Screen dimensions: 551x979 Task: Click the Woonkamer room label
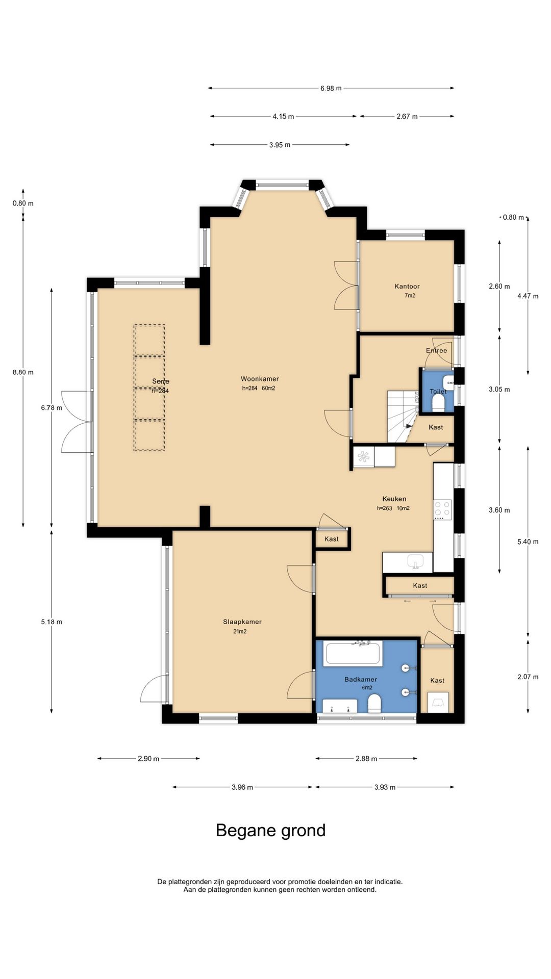[260, 379]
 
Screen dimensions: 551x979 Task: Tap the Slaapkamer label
[242, 622]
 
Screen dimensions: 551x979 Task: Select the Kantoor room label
[407, 287]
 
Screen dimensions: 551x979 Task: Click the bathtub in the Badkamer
[354, 654]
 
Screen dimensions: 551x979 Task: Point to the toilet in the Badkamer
[374, 703]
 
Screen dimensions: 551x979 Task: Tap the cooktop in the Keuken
[442, 508]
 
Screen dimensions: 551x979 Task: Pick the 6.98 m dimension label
[331, 88]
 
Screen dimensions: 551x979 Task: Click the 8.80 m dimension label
[23, 372]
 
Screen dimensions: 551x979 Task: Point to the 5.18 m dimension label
[52, 622]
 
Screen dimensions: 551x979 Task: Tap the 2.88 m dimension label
[366, 759]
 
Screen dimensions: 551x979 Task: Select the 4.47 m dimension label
[528, 296]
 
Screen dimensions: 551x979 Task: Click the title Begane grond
[270, 831]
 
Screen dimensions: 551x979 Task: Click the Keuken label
[394, 499]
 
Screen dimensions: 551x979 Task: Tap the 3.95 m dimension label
[280, 145]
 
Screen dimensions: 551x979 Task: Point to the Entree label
[437, 351]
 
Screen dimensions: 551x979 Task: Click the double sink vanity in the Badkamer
[340, 706]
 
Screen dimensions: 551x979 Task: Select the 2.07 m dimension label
[528, 677]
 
